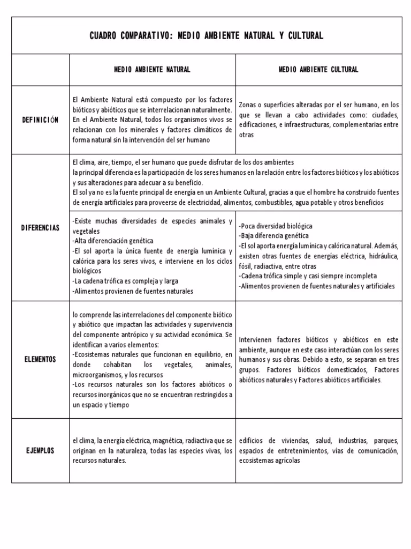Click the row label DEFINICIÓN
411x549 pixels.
click(x=40, y=120)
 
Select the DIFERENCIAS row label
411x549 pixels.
click(x=40, y=227)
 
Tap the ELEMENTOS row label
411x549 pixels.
click(x=40, y=359)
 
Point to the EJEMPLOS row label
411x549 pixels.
click(x=40, y=450)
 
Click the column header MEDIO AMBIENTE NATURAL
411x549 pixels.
click(x=153, y=70)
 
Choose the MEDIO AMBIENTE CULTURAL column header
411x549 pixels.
click(x=318, y=70)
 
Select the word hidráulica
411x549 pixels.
click(x=382, y=256)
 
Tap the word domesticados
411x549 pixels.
click(x=344, y=370)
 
